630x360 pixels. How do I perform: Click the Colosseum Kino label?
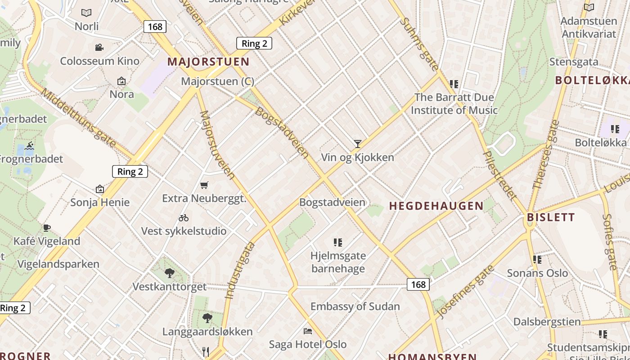pos(99,61)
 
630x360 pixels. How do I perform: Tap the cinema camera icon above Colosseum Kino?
pos(99,47)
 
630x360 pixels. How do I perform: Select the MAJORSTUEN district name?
pos(208,62)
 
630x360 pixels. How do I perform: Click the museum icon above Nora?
pos(121,81)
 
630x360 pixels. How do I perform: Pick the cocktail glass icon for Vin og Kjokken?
pos(358,144)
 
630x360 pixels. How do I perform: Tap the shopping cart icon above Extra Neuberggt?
pos(204,184)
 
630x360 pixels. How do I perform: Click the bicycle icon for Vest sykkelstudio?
pos(184,218)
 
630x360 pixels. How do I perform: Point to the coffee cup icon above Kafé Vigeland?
pos(47,228)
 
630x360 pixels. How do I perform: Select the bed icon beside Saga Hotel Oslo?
pos(308,331)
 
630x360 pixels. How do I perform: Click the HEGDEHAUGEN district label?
pos(436,206)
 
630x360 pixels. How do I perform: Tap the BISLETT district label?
pos(551,217)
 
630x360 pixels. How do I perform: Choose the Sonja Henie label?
pos(100,202)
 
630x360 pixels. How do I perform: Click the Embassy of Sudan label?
pos(355,306)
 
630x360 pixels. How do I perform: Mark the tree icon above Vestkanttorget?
pos(169,273)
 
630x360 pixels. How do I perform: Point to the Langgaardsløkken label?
pos(207,332)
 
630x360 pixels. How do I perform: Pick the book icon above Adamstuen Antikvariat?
pos(589,7)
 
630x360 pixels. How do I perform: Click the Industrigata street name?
pos(240,270)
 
